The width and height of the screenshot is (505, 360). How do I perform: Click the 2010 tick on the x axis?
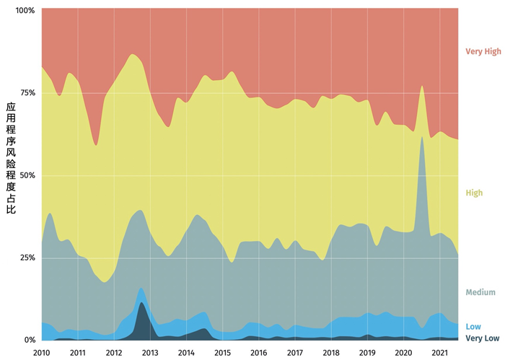coord(42,353)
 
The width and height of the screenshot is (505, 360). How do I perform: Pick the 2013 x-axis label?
coord(150,353)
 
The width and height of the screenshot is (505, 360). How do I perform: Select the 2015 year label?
coord(222,353)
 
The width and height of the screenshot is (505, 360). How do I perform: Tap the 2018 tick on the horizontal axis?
coord(331,353)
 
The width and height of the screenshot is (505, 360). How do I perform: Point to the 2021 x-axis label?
coord(439,353)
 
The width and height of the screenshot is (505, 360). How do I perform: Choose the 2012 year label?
coord(114,353)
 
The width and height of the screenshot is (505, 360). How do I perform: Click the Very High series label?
coord(483,51)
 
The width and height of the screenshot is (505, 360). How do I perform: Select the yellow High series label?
coord(474,193)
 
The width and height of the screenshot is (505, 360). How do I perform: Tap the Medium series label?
coord(480,292)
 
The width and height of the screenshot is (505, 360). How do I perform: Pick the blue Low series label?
coord(473,327)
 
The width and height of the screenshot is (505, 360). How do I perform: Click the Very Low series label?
coord(482,338)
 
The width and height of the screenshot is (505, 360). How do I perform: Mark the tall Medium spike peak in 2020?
coord(421,136)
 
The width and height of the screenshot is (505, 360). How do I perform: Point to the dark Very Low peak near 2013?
coord(143,304)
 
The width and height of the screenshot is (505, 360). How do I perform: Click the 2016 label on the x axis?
coord(258,353)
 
